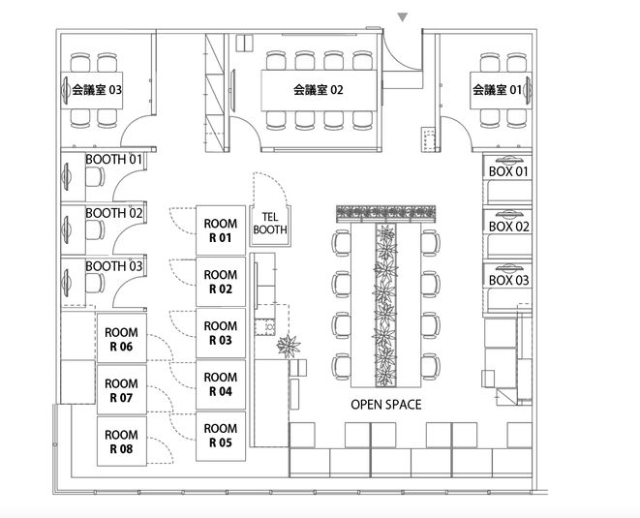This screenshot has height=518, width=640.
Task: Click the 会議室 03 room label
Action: (x=97, y=89)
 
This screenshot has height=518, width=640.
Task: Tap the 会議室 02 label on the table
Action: (x=319, y=89)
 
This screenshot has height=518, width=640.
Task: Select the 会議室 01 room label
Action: (x=498, y=89)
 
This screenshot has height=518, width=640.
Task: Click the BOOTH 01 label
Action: (x=113, y=159)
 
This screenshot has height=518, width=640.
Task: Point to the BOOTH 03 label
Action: (x=114, y=266)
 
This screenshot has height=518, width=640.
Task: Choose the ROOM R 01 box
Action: (x=221, y=230)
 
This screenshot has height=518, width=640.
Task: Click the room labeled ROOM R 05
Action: (x=221, y=436)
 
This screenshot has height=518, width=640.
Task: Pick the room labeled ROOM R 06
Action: (x=122, y=338)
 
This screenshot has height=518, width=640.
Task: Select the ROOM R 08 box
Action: (x=122, y=442)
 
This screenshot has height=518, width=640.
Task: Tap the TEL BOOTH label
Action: (x=270, y=224)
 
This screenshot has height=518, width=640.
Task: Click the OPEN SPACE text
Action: (x=386, y=405)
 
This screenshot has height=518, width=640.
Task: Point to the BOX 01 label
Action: (x=508, y=171)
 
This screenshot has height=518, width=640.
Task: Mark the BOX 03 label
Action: (x=508, y=281)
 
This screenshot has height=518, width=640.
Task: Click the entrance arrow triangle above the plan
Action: (x=403, y=17)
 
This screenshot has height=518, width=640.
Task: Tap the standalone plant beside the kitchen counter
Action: (x=289, y=347)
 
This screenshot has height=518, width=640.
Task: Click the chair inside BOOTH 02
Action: (x=95, y=229)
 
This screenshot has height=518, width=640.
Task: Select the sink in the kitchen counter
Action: (x=265, y=327)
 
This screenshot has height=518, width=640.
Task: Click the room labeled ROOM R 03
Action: (x=221, y=333)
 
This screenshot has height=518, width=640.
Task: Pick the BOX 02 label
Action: (x=509, y=227)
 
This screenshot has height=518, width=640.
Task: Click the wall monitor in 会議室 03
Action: (x=66, y=90)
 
